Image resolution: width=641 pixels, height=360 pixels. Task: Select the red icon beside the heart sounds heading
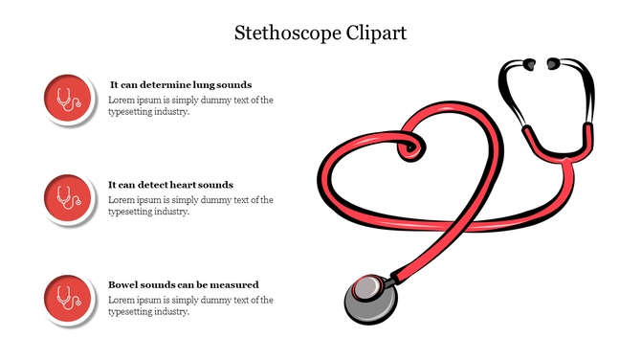68,198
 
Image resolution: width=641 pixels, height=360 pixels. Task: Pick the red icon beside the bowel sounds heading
68,297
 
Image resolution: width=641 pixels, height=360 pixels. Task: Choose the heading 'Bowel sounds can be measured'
183,284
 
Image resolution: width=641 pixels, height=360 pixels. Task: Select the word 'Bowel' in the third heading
122,284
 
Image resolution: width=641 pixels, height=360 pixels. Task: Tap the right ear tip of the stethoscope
553,66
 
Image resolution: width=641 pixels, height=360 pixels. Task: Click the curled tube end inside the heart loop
410,147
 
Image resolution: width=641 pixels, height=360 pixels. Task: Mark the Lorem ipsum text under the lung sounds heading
190,105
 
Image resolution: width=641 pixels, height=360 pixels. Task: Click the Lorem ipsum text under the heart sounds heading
190,206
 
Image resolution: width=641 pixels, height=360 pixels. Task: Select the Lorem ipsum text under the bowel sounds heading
190,305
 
